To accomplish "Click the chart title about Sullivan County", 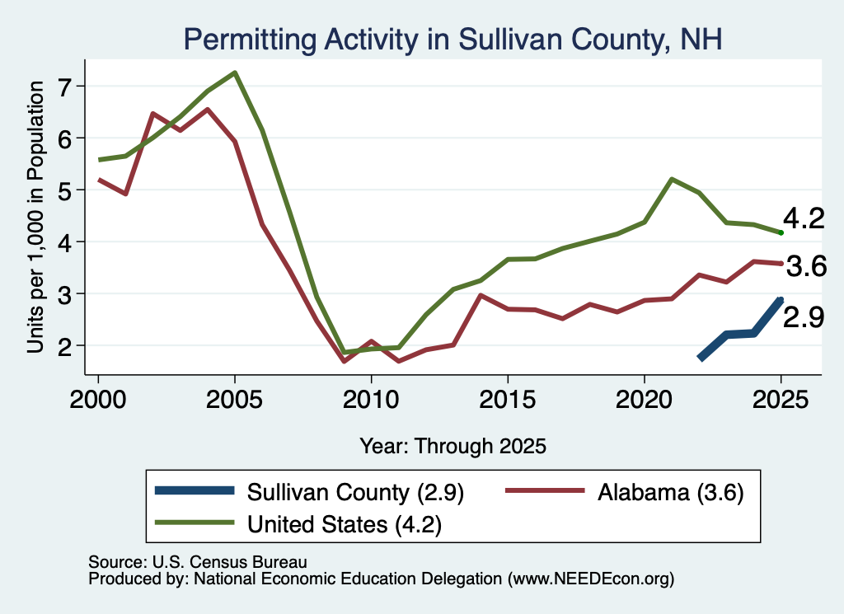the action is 452,40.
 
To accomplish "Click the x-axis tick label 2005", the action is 234,399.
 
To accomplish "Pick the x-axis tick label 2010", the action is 371,399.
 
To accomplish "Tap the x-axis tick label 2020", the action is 645,399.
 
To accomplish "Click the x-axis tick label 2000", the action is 98,399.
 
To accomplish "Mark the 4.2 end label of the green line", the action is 804,218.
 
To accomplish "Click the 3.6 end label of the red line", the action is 806,266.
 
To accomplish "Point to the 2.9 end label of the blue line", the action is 803,317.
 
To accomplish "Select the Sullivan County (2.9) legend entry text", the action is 355,492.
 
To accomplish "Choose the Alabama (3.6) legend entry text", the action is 671,492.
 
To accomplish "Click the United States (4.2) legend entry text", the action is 345,524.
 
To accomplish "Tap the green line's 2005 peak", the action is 235,73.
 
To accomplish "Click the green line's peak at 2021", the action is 672,179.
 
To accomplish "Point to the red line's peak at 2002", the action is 153,114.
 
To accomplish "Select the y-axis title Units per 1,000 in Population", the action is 35,217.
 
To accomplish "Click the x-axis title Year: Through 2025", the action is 452,446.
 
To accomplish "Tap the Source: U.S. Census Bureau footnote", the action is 198,562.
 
